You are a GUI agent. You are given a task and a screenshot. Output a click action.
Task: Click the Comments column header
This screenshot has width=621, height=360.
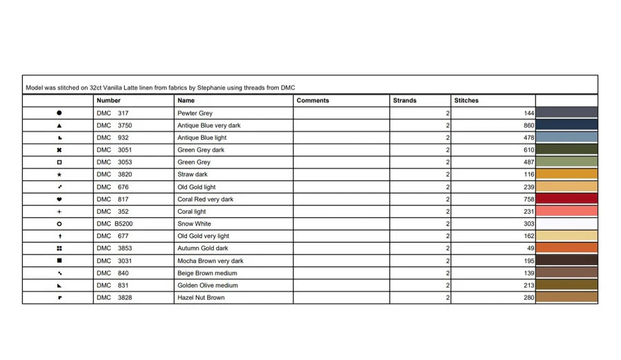click(313, 101)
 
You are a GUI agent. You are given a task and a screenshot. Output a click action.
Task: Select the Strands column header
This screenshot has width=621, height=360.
click(404, 101)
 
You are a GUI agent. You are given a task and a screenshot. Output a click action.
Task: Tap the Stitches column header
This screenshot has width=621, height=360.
click(466, 101)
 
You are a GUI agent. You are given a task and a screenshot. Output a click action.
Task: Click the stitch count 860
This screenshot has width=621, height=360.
click(529, 126)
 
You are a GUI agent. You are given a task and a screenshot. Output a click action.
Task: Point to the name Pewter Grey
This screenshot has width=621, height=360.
click(195, 113)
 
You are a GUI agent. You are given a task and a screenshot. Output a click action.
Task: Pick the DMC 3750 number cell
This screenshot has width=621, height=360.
click(114, 126)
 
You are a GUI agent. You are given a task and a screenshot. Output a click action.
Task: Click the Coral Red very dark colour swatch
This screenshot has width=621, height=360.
click(566, 199)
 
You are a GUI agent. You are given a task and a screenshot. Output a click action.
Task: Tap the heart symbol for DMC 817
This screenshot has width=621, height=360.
click(59, 199)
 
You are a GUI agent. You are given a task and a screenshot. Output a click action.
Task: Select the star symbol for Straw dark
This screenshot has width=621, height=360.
click(59, 175)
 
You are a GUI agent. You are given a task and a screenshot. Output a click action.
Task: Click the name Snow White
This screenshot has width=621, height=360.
click(194, 224)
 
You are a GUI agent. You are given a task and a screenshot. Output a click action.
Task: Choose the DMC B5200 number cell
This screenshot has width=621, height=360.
click(115, 224)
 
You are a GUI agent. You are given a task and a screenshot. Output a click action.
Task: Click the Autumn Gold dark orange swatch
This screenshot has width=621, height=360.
click(566, 248)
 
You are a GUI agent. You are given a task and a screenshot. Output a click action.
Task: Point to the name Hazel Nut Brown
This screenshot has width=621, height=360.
click(201, 298)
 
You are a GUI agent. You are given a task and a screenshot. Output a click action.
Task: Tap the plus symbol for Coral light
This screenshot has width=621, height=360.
click(59, 212)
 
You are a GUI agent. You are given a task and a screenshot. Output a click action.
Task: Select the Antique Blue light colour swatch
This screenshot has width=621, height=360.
click(566, 138)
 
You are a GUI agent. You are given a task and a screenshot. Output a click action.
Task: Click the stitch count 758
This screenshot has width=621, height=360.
click(529, 199)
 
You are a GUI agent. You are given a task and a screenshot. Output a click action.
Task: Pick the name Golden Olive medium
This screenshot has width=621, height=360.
click(208, 286)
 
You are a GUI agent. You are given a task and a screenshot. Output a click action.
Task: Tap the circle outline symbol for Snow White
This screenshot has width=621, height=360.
click(59, 224)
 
